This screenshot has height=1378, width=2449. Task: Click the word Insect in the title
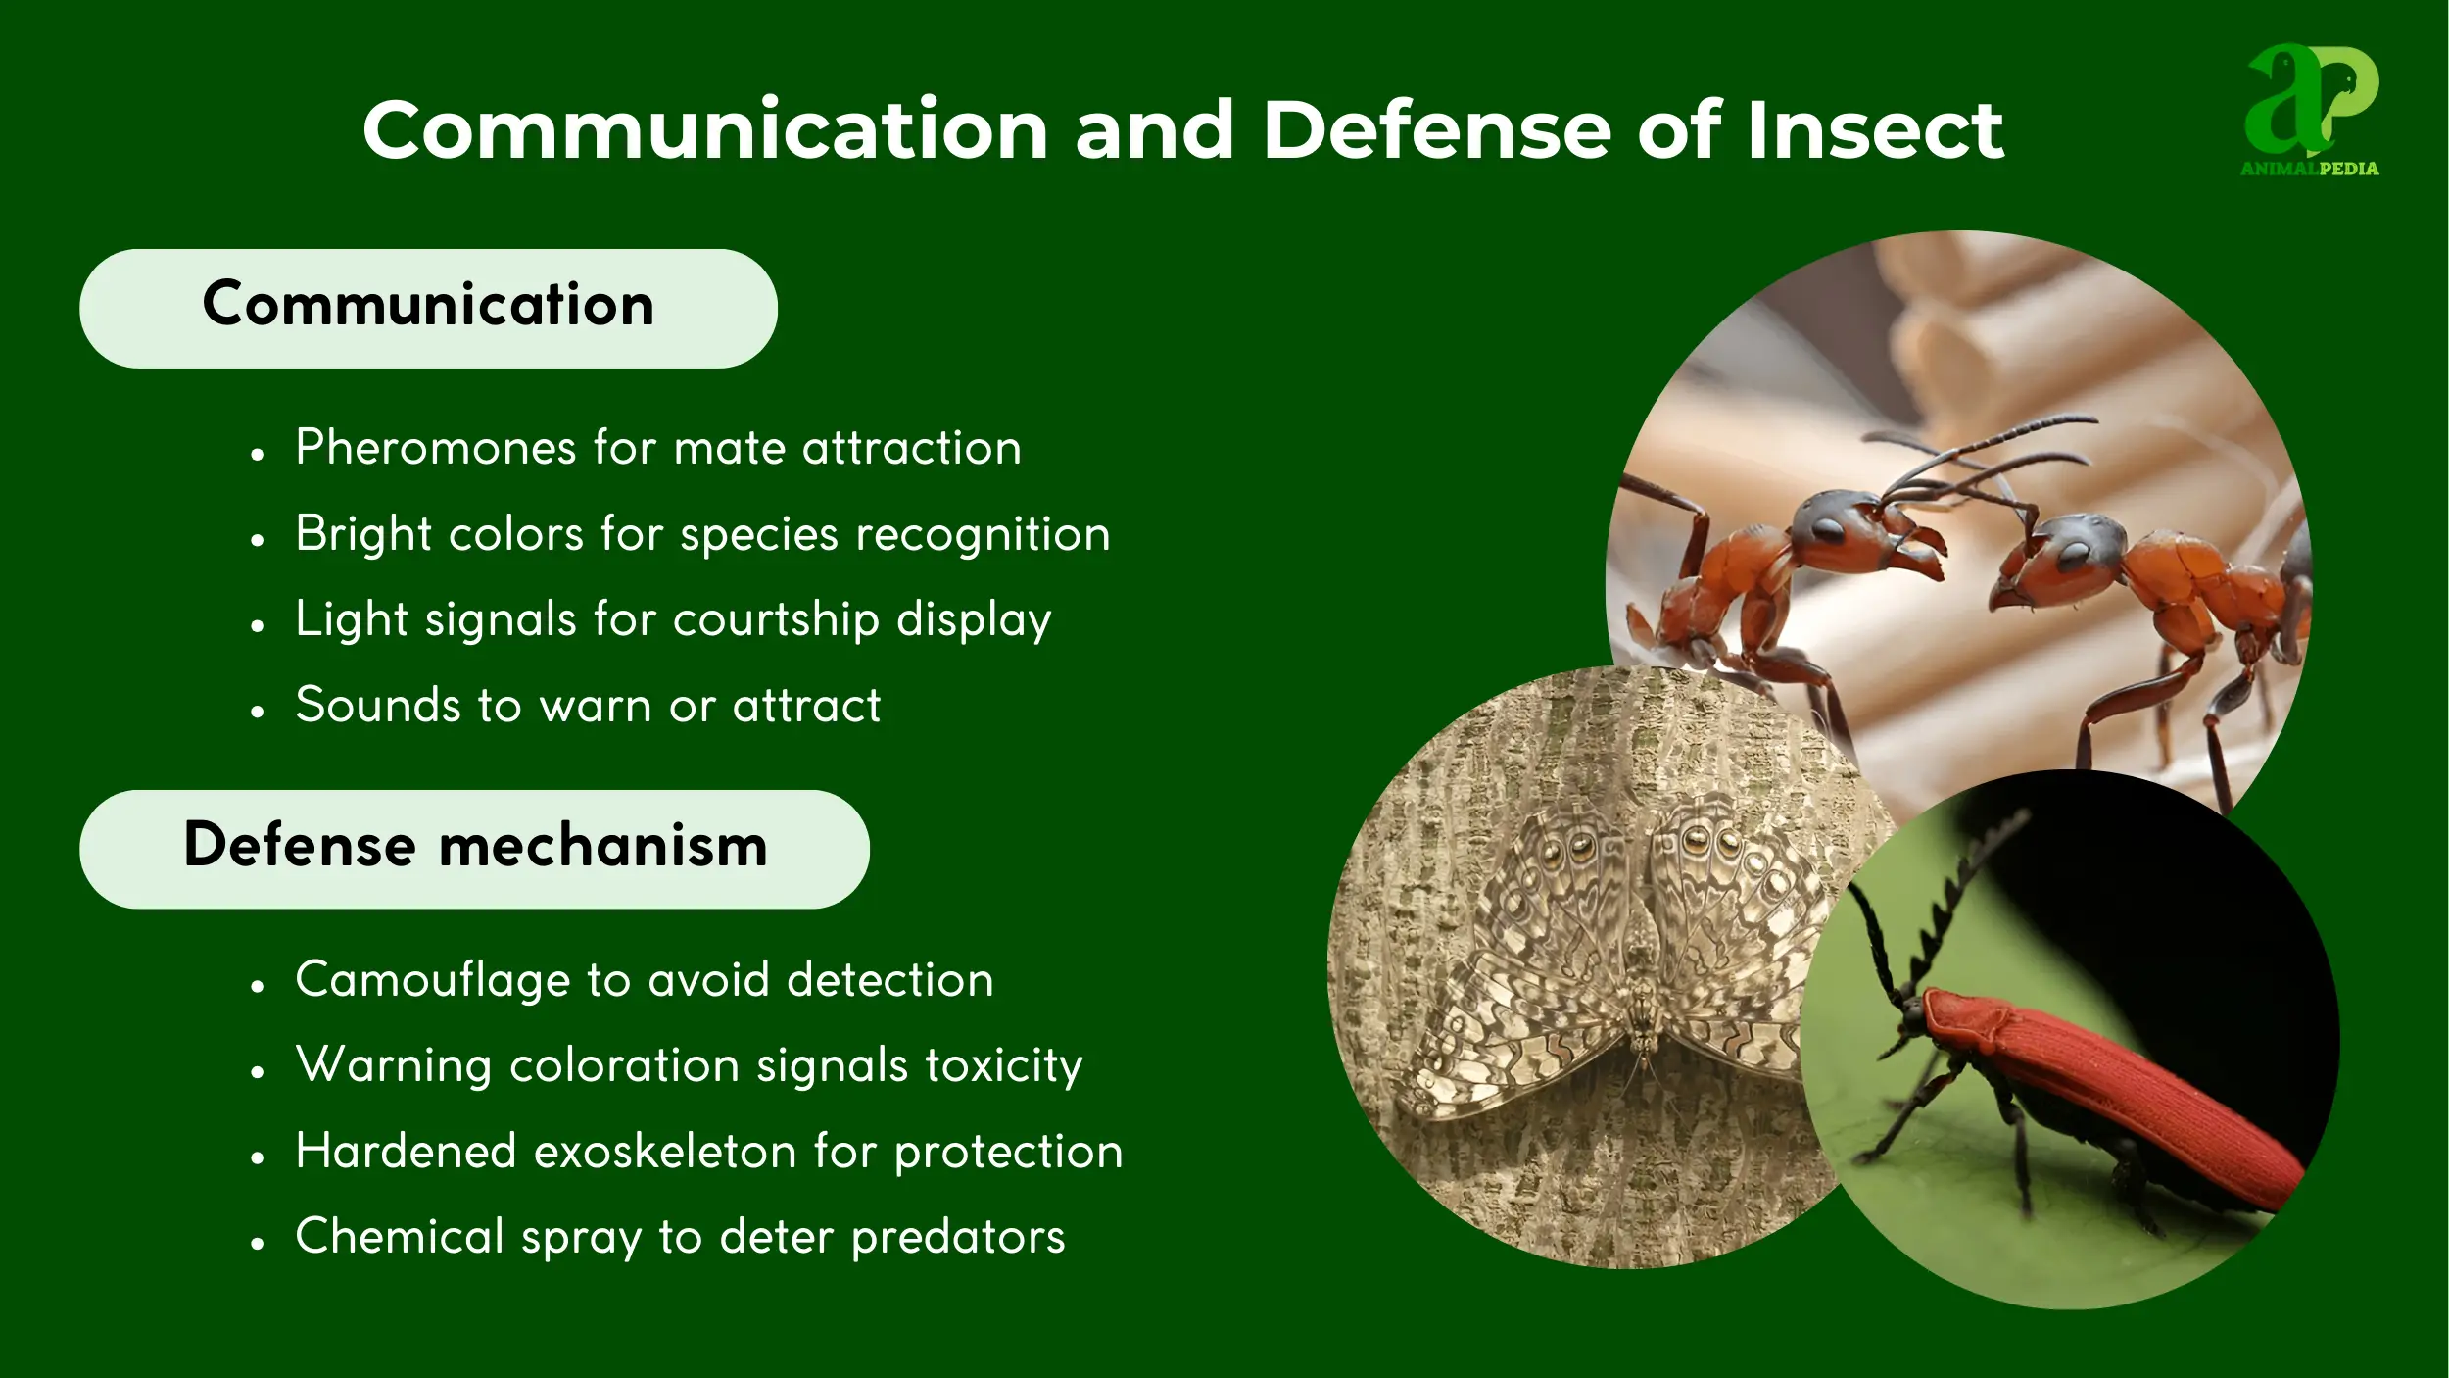1874,129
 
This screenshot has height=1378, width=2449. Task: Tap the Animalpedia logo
2310,110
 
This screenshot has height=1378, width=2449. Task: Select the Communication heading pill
428,308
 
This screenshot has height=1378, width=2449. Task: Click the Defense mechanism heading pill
474,849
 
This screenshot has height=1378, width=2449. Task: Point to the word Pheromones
436,448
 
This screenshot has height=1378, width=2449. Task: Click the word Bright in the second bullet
363,535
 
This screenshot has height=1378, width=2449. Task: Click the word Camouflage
432,980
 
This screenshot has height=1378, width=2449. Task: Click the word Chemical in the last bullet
400,1236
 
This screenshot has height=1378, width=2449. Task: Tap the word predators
958,1238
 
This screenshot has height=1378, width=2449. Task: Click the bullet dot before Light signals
258,625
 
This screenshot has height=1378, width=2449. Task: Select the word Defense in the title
1437,129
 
